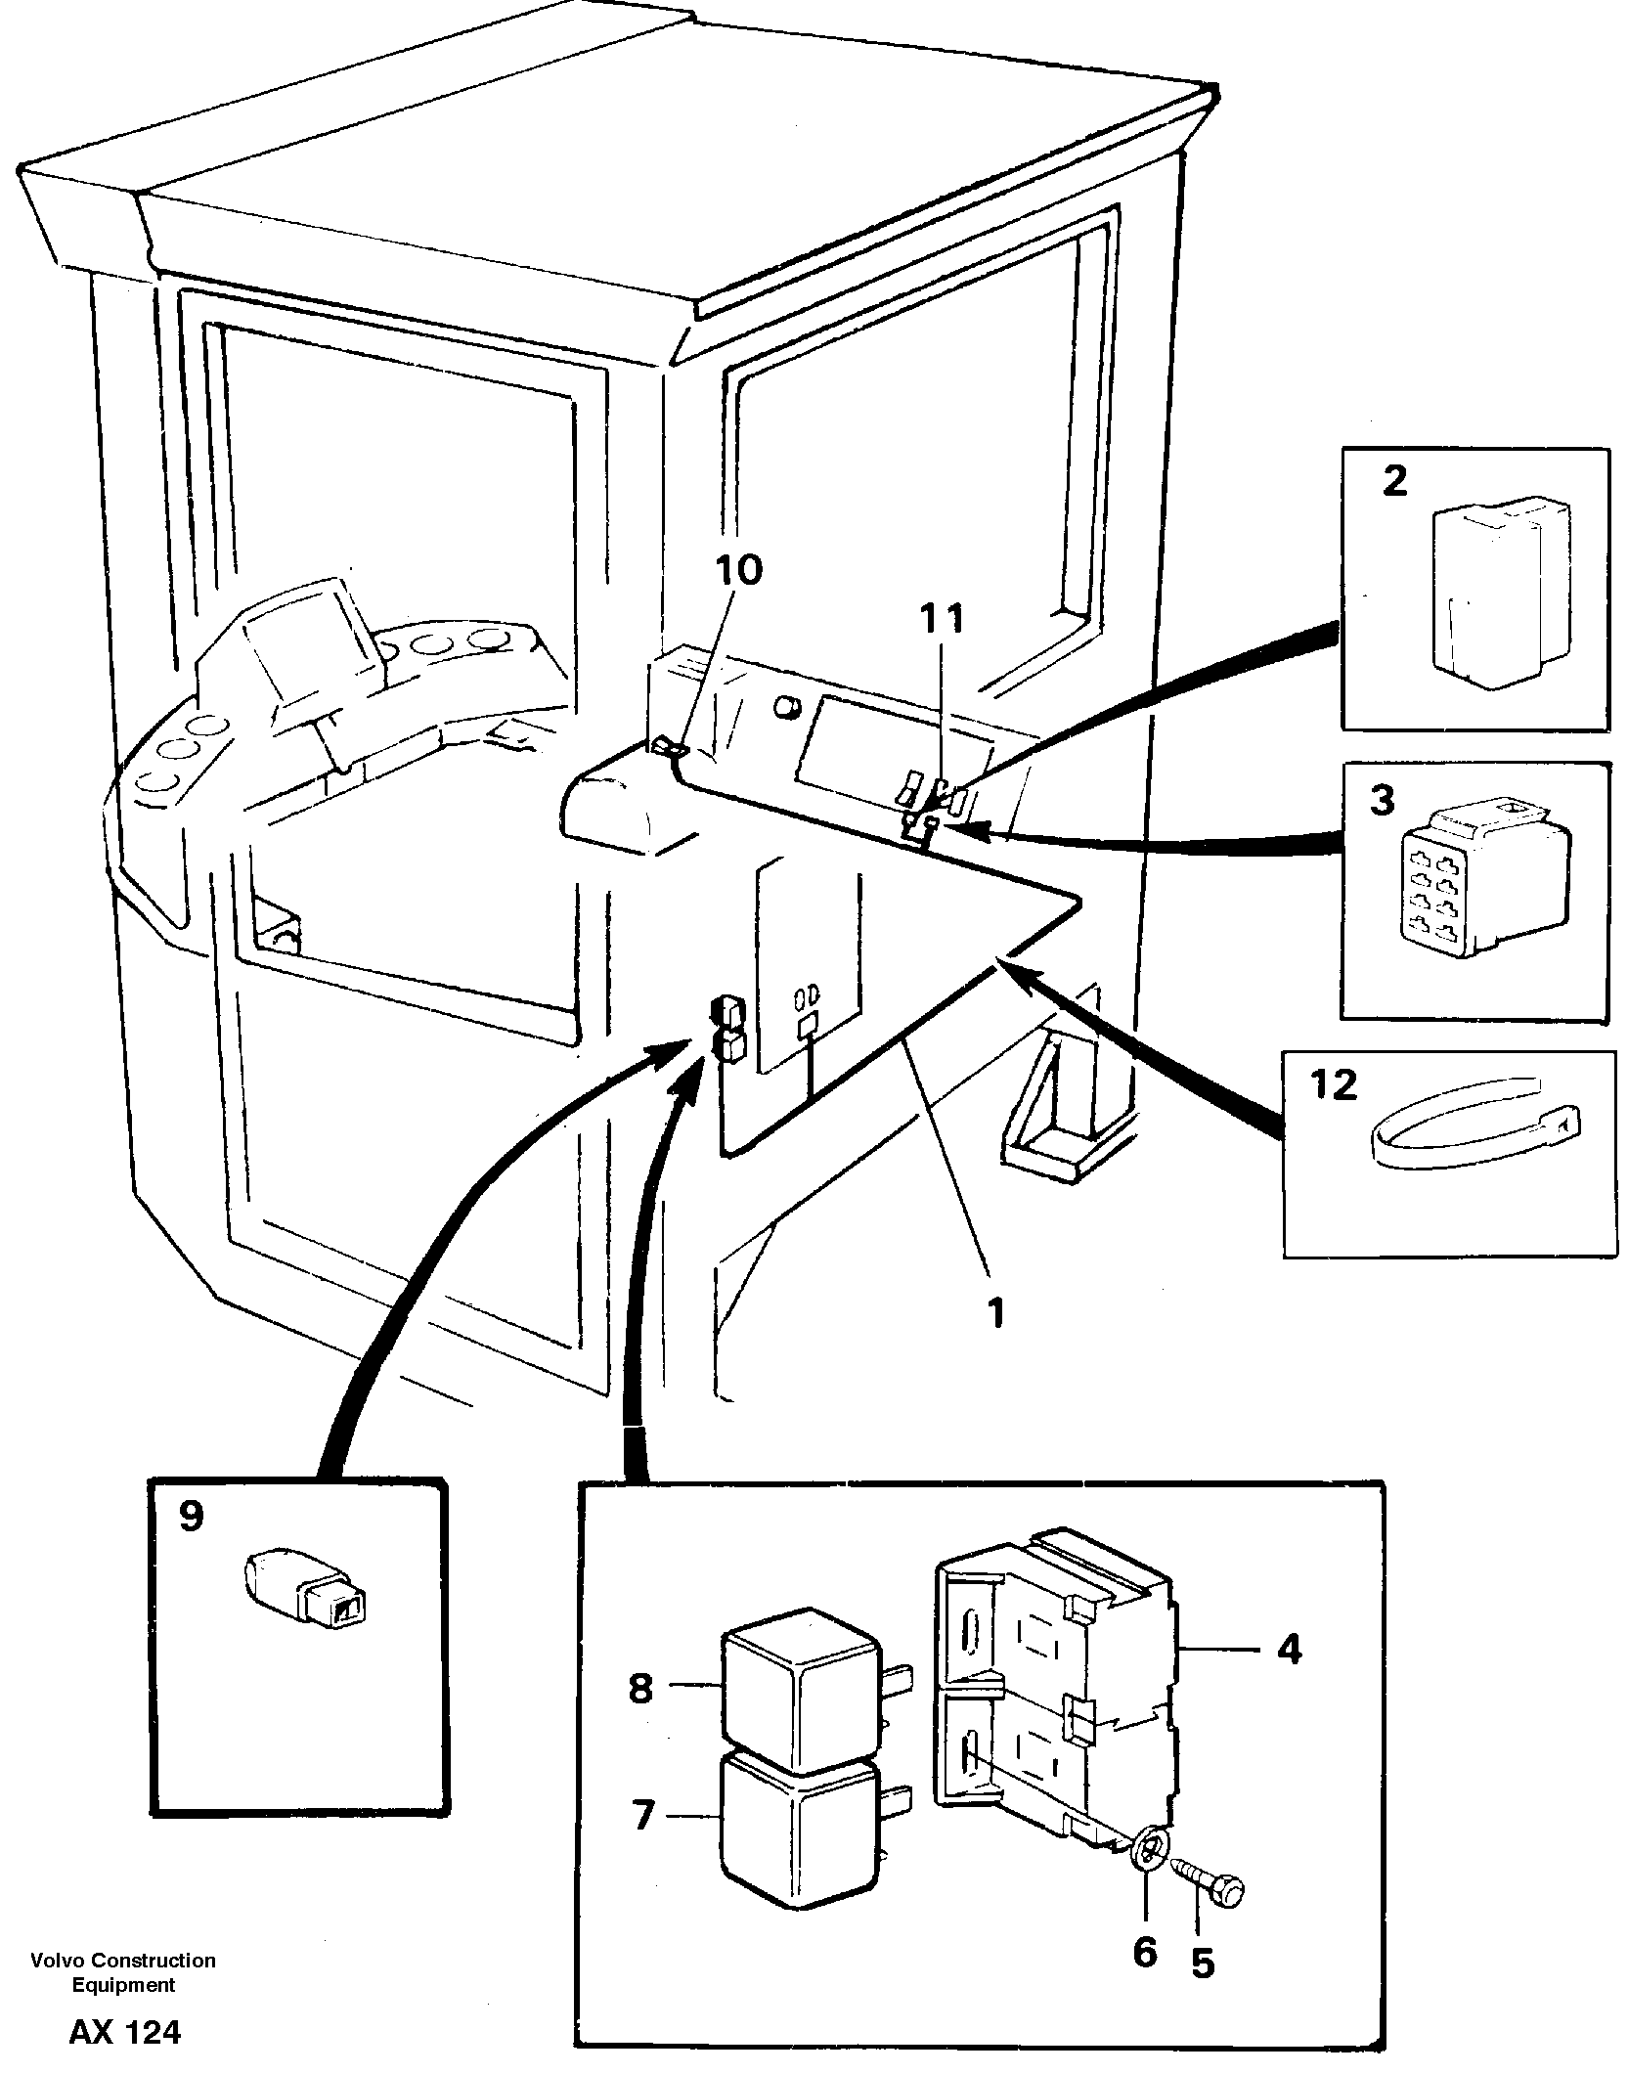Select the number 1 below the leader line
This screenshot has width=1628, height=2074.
point(996,1312)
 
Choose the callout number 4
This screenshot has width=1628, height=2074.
point(1289,1650)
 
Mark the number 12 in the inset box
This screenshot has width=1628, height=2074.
point(1334,1084)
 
